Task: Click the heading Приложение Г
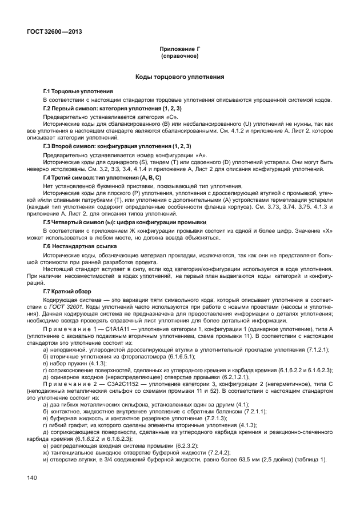click(179, 50)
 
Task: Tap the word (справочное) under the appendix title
click(179, 57)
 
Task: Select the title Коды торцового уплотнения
click(179, 77)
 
